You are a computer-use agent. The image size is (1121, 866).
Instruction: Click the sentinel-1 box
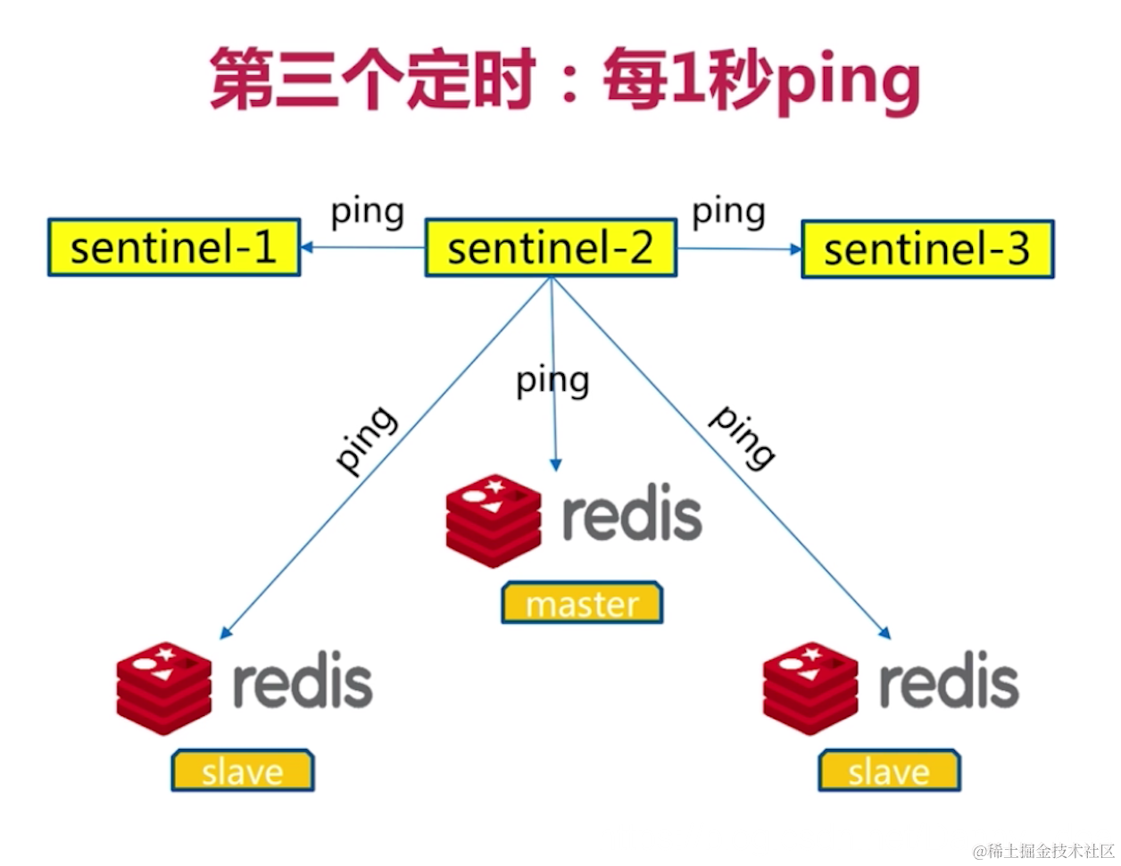174,247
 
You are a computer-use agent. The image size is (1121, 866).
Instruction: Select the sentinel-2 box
550,247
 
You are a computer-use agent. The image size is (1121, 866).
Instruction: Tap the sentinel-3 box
927,249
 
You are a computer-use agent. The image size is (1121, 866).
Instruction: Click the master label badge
582,604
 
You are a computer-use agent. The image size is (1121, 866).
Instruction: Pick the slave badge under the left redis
243,770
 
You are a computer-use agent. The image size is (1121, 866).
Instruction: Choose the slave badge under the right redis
889,770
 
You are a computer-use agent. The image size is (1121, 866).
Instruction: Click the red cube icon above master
494,521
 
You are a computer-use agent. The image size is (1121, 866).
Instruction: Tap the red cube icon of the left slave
164,688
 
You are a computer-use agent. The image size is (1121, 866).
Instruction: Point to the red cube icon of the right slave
810,688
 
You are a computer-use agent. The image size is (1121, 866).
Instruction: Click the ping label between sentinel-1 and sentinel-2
367,212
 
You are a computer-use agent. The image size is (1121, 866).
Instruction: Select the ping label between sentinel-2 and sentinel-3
728,212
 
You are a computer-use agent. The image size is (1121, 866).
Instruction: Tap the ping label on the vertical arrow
552,382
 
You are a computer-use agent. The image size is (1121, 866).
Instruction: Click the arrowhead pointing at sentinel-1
307,247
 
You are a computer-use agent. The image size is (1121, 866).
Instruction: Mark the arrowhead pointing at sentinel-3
796,249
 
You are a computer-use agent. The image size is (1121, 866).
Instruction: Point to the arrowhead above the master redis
555,464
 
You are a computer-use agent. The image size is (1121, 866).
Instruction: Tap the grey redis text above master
632,515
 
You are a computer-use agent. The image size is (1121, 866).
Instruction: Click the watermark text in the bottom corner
1043,850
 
